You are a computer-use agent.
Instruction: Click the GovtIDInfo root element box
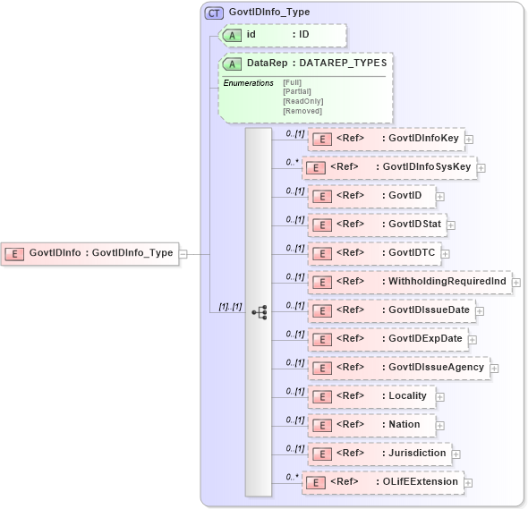pos(89,253)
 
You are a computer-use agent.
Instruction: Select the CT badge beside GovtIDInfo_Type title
pos(214,13)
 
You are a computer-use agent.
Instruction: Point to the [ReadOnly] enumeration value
pos(302,101)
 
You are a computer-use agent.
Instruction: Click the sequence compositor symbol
pos(260,312)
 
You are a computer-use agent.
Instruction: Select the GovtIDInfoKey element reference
pos(386,139)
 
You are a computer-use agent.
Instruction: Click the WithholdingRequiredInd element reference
pos(409,282)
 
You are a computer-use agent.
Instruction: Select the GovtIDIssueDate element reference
pos(394,310)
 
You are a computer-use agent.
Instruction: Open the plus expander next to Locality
pos(439,396)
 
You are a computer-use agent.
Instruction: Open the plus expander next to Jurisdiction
pos(456,454)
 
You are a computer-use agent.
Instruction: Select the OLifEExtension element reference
pos(383,482)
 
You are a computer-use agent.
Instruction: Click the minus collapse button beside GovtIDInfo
pos(183,253)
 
